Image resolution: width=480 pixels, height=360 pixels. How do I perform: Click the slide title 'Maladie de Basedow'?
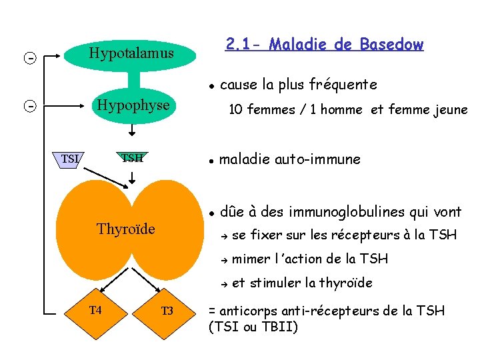(325, 45)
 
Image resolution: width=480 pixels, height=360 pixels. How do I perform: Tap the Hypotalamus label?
(131, 53)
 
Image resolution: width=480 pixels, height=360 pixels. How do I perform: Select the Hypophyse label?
(133, 105)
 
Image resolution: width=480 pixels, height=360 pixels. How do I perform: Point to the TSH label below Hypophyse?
(132, 158)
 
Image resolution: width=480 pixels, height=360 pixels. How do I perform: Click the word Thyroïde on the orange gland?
(126, 229)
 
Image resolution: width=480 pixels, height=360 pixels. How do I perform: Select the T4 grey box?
(96, 310)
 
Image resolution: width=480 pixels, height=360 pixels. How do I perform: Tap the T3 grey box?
(167, 311)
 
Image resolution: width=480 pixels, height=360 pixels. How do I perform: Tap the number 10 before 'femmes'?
(235, 110)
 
